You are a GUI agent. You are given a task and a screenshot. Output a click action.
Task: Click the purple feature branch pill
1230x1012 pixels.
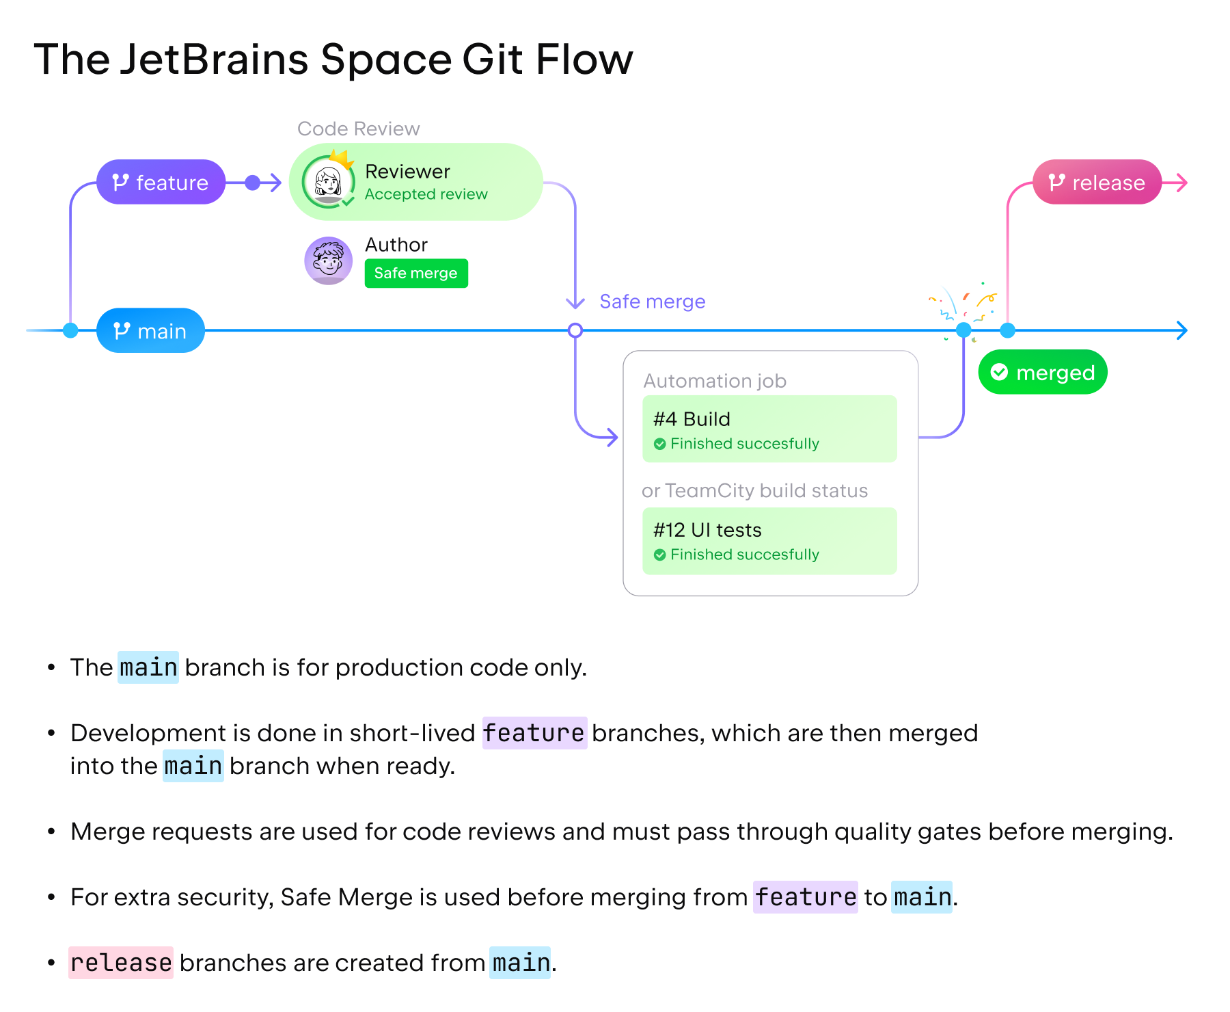161,183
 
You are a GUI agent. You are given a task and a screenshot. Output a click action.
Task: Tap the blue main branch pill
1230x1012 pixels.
150,331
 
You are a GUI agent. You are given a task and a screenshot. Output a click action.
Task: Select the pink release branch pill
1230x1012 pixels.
1097,183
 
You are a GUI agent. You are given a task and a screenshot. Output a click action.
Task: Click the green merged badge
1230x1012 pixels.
1042,373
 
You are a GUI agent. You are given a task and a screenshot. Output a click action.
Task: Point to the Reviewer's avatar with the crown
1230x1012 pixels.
329,182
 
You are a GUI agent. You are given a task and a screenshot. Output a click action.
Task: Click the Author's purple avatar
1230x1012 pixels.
329,261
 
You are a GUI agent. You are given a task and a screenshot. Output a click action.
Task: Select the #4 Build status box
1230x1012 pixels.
769,429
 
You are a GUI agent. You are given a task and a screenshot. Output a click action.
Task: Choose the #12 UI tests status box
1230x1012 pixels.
769,541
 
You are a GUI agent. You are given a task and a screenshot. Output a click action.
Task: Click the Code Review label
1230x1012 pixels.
358,129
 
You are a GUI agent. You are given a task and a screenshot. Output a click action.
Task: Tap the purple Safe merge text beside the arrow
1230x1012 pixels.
652,302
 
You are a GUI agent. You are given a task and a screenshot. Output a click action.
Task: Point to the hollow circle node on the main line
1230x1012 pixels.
575,331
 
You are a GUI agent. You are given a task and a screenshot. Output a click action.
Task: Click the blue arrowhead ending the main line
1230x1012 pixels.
1182,331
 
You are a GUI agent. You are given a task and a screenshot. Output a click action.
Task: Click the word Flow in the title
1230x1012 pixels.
584,59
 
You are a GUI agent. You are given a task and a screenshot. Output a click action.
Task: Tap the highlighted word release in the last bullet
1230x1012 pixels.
121,963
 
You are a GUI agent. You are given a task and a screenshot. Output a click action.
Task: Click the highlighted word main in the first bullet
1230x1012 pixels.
148,667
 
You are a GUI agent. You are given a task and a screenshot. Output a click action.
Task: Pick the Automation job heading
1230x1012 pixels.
715,381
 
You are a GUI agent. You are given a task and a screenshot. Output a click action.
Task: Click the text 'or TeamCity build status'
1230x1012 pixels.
754,491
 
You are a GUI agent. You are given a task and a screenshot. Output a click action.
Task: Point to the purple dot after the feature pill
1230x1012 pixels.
253,183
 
